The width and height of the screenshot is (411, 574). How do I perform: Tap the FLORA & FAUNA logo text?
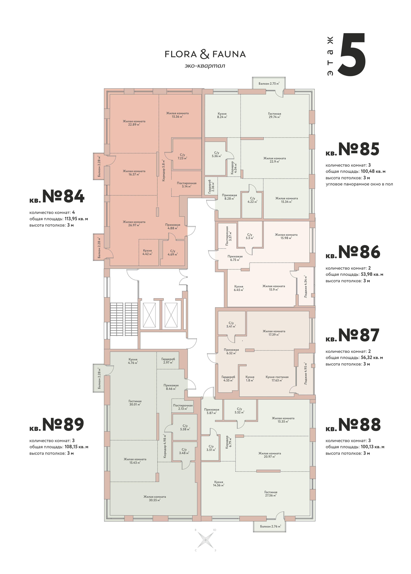click(205, 54)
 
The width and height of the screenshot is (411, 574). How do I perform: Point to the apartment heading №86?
click(359, 252)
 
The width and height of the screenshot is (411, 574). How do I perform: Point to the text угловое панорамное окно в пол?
click(359, 184)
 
